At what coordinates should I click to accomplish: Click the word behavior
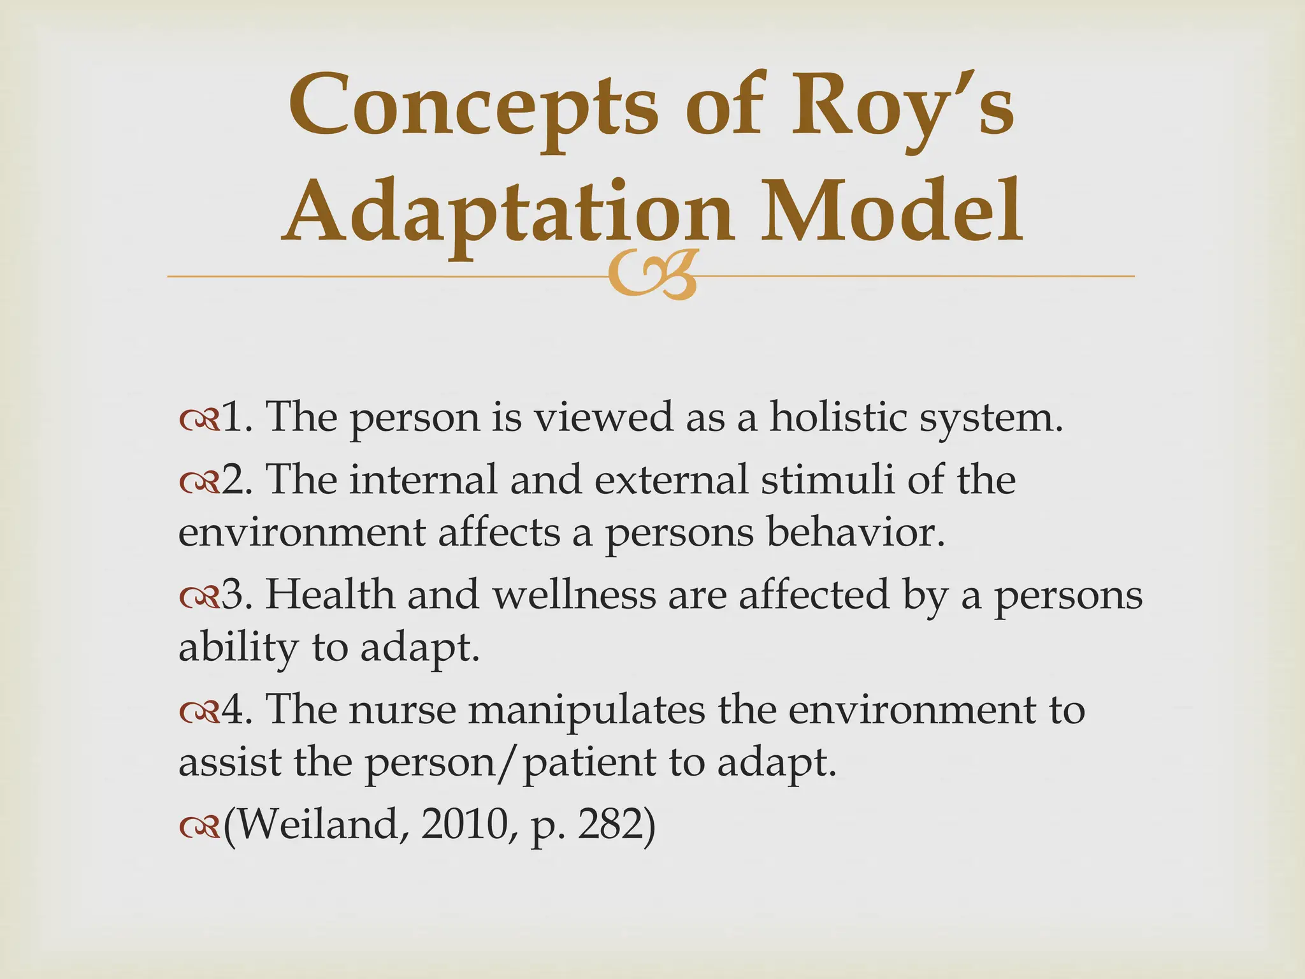pos(854,532)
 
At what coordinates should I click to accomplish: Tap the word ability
pos(238,648)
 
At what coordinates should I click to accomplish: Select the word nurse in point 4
pos(402,709)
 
